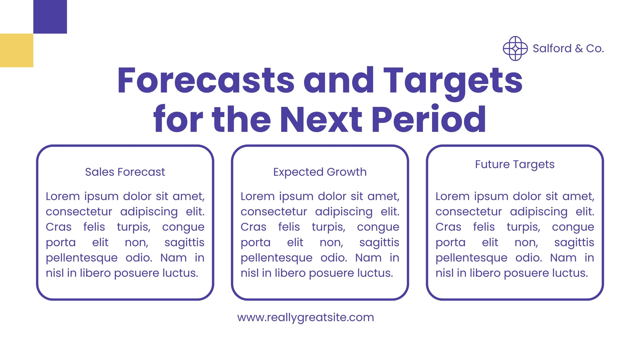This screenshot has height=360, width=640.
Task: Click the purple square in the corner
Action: [x=50, y=16]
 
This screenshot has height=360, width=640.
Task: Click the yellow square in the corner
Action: [x=16, y=50]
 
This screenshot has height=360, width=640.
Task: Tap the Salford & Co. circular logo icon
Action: [x=515, y=48]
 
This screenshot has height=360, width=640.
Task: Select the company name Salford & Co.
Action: [x=568, y=48]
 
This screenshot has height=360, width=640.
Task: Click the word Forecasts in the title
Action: [x=206, y=80]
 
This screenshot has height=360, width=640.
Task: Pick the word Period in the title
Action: [x=428, y=119]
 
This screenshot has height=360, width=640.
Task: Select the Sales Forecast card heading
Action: [x=125, y=172]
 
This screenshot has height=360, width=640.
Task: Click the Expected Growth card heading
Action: [x=320, y=172]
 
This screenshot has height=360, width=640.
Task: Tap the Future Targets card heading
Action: [x=514, y=165]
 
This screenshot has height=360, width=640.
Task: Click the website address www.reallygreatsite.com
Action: [x=306, y=318]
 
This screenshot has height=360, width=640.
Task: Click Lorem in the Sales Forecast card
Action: [x=62, y=196]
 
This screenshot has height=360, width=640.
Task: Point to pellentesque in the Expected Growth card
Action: [x=276, y=258]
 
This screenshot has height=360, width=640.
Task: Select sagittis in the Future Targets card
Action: [x=574, y=242]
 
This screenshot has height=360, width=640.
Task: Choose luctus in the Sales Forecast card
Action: [x=180, y=273]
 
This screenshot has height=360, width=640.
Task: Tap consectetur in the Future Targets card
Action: [x=468, y=212]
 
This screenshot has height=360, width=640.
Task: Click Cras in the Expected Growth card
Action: [x=254, y=227]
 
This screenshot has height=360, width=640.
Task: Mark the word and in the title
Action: [x=338, y=80]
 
